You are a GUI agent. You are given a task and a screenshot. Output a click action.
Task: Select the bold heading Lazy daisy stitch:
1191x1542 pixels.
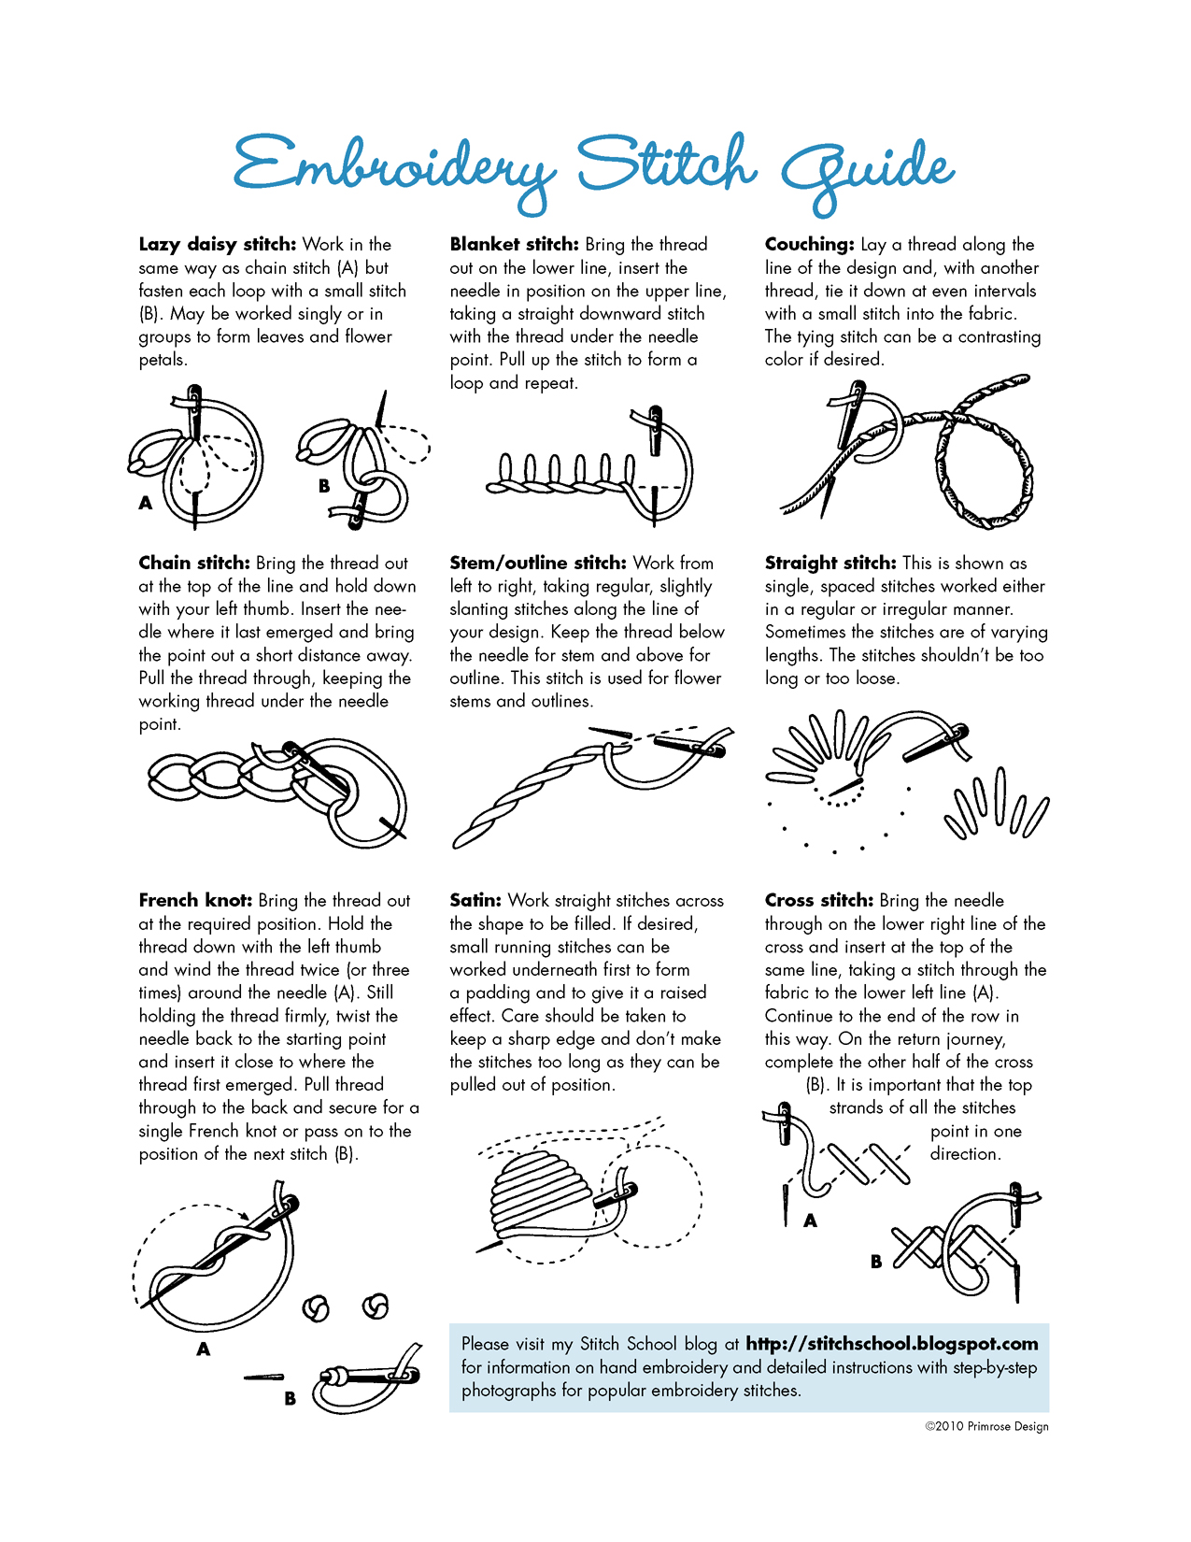tap(217, 245)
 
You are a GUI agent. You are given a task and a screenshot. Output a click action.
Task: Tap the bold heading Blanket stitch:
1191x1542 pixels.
tap(514, 245)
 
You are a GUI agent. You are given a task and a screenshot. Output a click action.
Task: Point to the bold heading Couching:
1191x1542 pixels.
tap(809, 245)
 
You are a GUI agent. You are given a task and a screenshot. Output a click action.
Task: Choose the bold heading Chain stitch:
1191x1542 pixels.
tap(194, 564)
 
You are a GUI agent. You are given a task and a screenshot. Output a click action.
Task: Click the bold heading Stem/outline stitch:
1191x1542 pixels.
tap(537, 564)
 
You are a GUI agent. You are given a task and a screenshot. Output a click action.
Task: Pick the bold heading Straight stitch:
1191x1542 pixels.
tap(829, 564)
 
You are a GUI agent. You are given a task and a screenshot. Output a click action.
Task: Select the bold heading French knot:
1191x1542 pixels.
tap(195, 901)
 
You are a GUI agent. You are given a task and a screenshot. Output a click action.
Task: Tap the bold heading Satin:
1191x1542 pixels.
tap(475, 901)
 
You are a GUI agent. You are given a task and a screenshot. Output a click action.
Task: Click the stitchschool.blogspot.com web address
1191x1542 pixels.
tap(891, 1344)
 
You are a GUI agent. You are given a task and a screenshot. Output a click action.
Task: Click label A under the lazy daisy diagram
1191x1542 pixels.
tap(146, 503)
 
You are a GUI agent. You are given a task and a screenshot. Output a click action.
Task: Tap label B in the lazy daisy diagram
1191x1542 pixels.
tap(324, 486)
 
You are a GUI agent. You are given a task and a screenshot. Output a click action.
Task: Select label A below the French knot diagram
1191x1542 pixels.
tap(204, 1349)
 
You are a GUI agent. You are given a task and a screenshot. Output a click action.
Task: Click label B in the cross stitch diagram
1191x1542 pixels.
tap(876, 1262)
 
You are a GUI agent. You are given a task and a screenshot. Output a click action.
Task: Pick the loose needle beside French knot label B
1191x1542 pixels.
tap(263, 1377)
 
